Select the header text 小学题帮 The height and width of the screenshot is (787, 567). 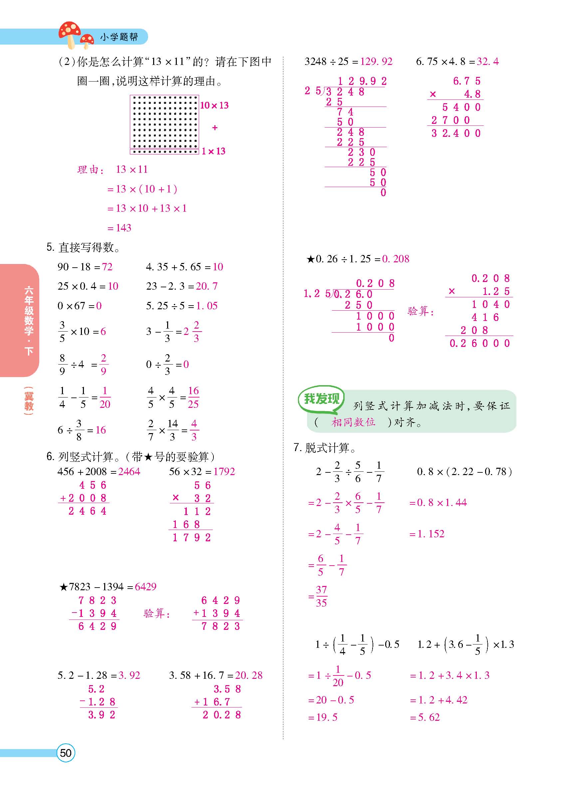point(119,37)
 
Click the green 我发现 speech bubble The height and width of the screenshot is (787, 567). point(321,399)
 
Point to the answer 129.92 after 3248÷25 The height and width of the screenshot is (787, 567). point(376,62)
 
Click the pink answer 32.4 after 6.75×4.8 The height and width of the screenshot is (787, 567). point(487,62)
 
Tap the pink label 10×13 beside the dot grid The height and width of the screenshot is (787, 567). point(214,106)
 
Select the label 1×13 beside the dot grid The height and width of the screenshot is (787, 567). point(214,151)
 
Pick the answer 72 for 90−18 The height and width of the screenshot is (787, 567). point(107,267)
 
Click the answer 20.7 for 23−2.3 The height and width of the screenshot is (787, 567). point(207,286)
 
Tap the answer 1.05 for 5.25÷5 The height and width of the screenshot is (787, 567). point(207,306)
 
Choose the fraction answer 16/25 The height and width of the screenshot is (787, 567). point(193,397)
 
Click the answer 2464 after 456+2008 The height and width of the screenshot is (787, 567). point(129,472)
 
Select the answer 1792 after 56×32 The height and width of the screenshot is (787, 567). point(224,472)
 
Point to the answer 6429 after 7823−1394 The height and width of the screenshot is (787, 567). point(145,587)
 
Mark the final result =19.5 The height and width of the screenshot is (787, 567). point(323,717)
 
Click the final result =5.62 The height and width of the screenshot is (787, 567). point(425,717)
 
